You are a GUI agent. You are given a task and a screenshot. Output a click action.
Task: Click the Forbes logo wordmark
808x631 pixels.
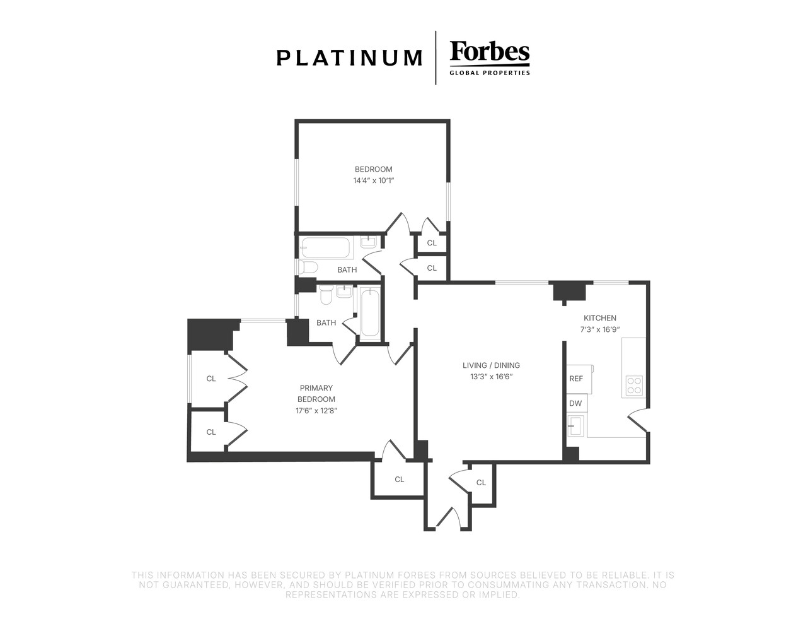click(489, 52)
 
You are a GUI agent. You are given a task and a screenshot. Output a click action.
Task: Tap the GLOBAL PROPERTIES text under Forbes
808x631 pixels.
click(490, 73)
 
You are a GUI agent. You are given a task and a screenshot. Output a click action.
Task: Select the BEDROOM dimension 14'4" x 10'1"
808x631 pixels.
click(373, 181)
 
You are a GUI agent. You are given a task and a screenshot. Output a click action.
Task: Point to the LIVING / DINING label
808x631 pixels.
click(491, 365)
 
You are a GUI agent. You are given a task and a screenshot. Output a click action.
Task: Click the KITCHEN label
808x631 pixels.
click(600, 318)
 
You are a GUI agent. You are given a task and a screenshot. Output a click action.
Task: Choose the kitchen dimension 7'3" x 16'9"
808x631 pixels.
click(600, 329)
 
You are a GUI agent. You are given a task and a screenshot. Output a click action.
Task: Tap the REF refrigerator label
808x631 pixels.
click(576, 379)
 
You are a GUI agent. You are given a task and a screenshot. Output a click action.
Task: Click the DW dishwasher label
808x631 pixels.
click(575, 403)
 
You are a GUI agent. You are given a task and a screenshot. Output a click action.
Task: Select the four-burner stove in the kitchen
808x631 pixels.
click(634, 386)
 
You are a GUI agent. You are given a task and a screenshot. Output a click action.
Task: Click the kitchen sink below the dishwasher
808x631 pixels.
click(575, 425)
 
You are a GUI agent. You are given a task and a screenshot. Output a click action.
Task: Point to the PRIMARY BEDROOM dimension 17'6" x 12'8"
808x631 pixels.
click(316, 411)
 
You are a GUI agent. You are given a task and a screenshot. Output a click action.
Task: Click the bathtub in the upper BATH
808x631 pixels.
click(325, 247)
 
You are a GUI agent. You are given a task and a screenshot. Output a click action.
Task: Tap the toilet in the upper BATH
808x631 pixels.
click(308, 267)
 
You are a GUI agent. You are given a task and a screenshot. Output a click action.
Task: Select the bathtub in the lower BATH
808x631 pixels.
click(370, 314)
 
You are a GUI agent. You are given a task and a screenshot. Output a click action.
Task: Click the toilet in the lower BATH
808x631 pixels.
click(326, 295)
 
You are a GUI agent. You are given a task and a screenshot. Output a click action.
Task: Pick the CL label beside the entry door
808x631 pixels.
click(481, 483)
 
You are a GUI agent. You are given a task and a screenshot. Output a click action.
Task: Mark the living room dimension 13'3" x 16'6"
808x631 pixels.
click(491, 377)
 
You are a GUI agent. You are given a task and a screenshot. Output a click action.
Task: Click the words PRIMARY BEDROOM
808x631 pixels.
click(316, 394)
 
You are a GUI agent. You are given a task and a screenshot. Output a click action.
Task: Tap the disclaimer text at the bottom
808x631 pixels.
click(403, 585)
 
